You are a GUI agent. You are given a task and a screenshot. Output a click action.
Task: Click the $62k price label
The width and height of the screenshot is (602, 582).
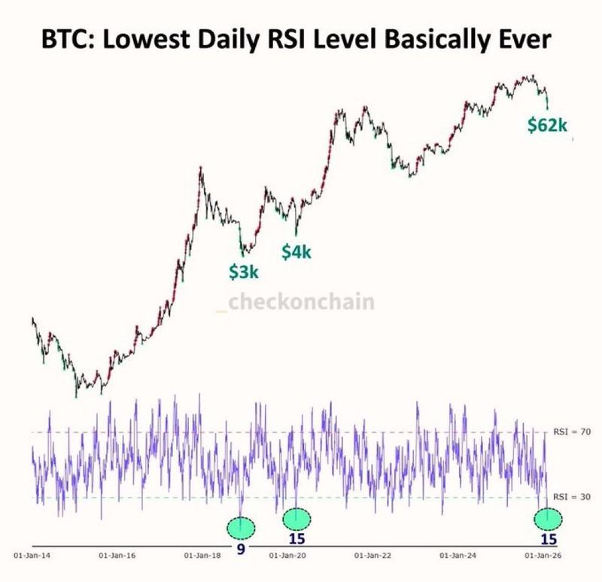pos(547,126)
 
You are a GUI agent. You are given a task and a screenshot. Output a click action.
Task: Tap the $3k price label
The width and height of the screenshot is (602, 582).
pos(245,272)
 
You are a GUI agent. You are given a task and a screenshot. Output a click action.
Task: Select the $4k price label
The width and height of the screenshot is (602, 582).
pos(296,252)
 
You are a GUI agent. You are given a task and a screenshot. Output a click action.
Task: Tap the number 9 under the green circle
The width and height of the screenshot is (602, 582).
pos(241,550)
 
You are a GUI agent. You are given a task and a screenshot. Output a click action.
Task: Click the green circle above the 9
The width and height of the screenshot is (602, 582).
pos(241,526)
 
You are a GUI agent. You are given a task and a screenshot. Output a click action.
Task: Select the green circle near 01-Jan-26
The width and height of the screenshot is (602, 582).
pos(548,519)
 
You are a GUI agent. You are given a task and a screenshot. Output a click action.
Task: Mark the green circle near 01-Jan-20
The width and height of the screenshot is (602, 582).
pos(296,517)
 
